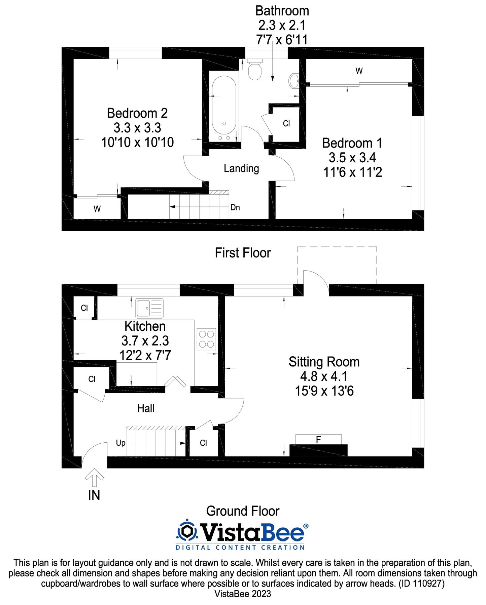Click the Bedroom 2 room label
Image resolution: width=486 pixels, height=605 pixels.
click(x=137, y=113)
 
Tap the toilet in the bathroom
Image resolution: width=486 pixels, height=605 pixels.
click(x=255, y=70)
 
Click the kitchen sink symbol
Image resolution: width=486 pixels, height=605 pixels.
click(x=149, y=308)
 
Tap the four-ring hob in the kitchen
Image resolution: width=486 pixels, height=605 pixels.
click(x=206, y=339)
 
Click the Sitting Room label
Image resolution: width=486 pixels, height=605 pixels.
click(x=324, y=362)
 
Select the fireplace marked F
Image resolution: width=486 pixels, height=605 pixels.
click(x=318, y=439)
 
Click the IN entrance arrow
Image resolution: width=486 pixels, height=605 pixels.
click(x=94, y=477)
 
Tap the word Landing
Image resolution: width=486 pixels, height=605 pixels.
click(x=241, y=168)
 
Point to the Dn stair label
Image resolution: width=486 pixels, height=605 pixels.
click(x=235, y=207)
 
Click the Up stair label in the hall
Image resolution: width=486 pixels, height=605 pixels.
click(x=120, y=443)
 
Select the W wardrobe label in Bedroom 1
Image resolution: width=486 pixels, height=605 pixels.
click(x=359, y=71)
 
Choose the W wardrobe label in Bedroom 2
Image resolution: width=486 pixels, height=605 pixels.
click(x=97, y=209)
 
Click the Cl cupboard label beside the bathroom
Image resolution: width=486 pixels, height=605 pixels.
click(x=286, y=124)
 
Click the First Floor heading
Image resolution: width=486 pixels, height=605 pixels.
click(x=243, y=253)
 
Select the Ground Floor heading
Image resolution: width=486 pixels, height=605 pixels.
click(x=243, y=511)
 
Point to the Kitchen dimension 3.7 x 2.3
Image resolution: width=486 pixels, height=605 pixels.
click(x=145, y=341)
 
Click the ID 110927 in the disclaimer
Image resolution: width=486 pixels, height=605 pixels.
click(x=422, y=583)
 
